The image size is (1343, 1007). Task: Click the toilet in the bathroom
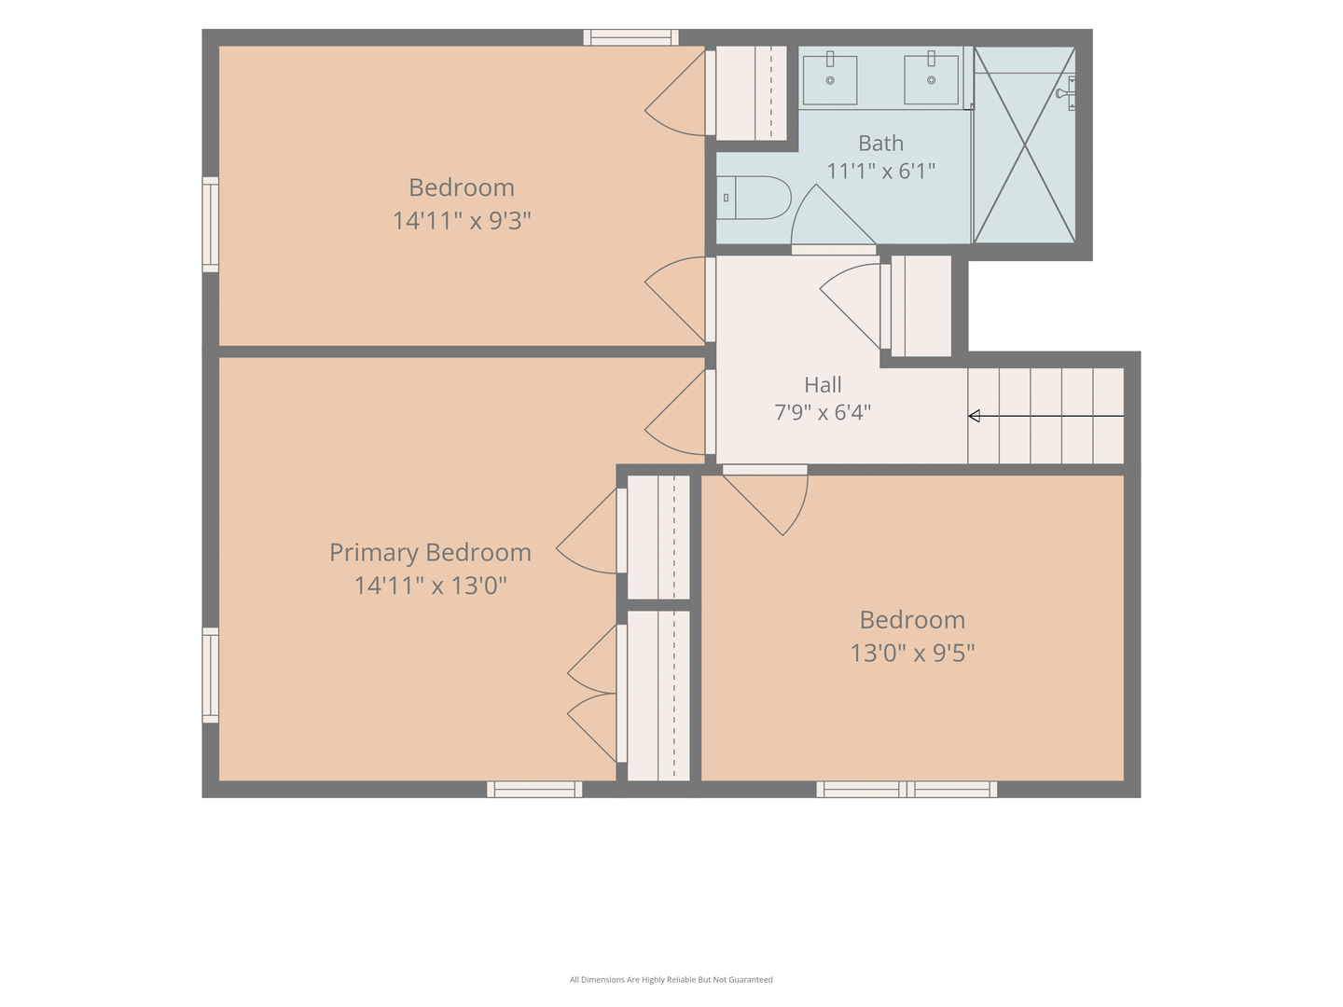click(754, 198)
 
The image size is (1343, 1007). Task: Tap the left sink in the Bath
click(830, 80)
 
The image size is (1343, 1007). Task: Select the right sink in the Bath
click(931, 79)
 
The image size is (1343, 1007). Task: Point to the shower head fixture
click(1066, 93)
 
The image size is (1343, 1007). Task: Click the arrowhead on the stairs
click(974, 416)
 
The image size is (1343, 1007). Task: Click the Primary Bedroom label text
click(430, 552)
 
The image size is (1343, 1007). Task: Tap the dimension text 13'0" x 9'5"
click(912, 653)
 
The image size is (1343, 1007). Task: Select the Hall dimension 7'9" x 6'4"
click(823, 412)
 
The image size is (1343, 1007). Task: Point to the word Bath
click(880, 143)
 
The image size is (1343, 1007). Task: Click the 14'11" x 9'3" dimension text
click(462, 220)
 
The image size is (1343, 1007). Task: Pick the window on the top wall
click(630, 37)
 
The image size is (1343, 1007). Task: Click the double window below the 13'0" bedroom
click(907, 790)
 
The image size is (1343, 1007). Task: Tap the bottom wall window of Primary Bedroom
click(534, 790)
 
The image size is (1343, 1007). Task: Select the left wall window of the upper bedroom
click(211, 225)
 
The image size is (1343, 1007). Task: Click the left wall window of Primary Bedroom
click(211, 675)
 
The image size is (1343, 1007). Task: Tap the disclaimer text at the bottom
click(671, 979)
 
